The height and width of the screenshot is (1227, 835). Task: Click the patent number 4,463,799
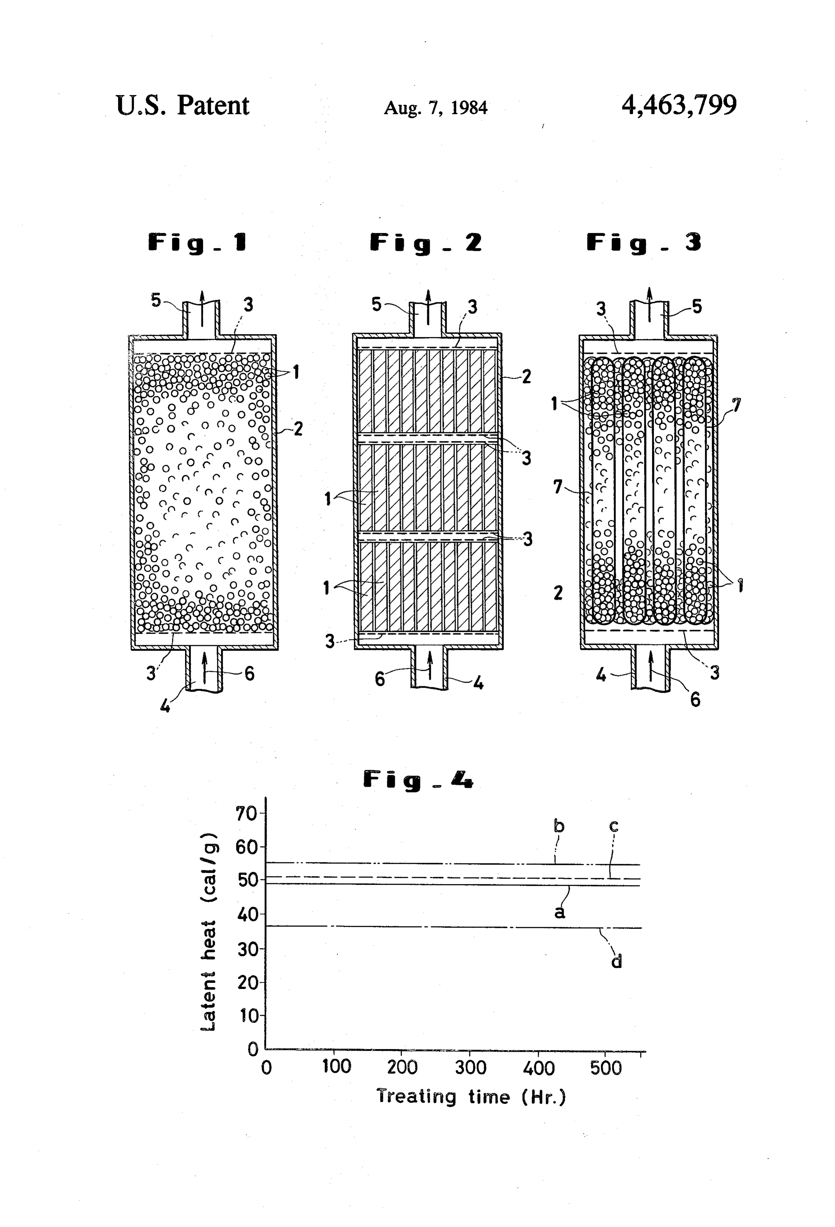pos(679,105)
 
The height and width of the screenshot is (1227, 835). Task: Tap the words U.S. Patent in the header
pos(182,105)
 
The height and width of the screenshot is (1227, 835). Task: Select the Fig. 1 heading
pos(197,243)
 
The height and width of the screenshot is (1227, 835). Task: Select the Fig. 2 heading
pos(425,243)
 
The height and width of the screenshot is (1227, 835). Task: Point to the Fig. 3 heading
pos(644,243)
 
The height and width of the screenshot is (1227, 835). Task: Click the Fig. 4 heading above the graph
pos(418,780)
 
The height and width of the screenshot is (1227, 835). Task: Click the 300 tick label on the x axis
pos(470,1068)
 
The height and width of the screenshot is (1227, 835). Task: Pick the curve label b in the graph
pos(559,825)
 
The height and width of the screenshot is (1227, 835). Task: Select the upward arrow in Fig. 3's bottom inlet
pos(651,669)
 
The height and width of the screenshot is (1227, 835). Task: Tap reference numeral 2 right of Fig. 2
pos(526,377)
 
